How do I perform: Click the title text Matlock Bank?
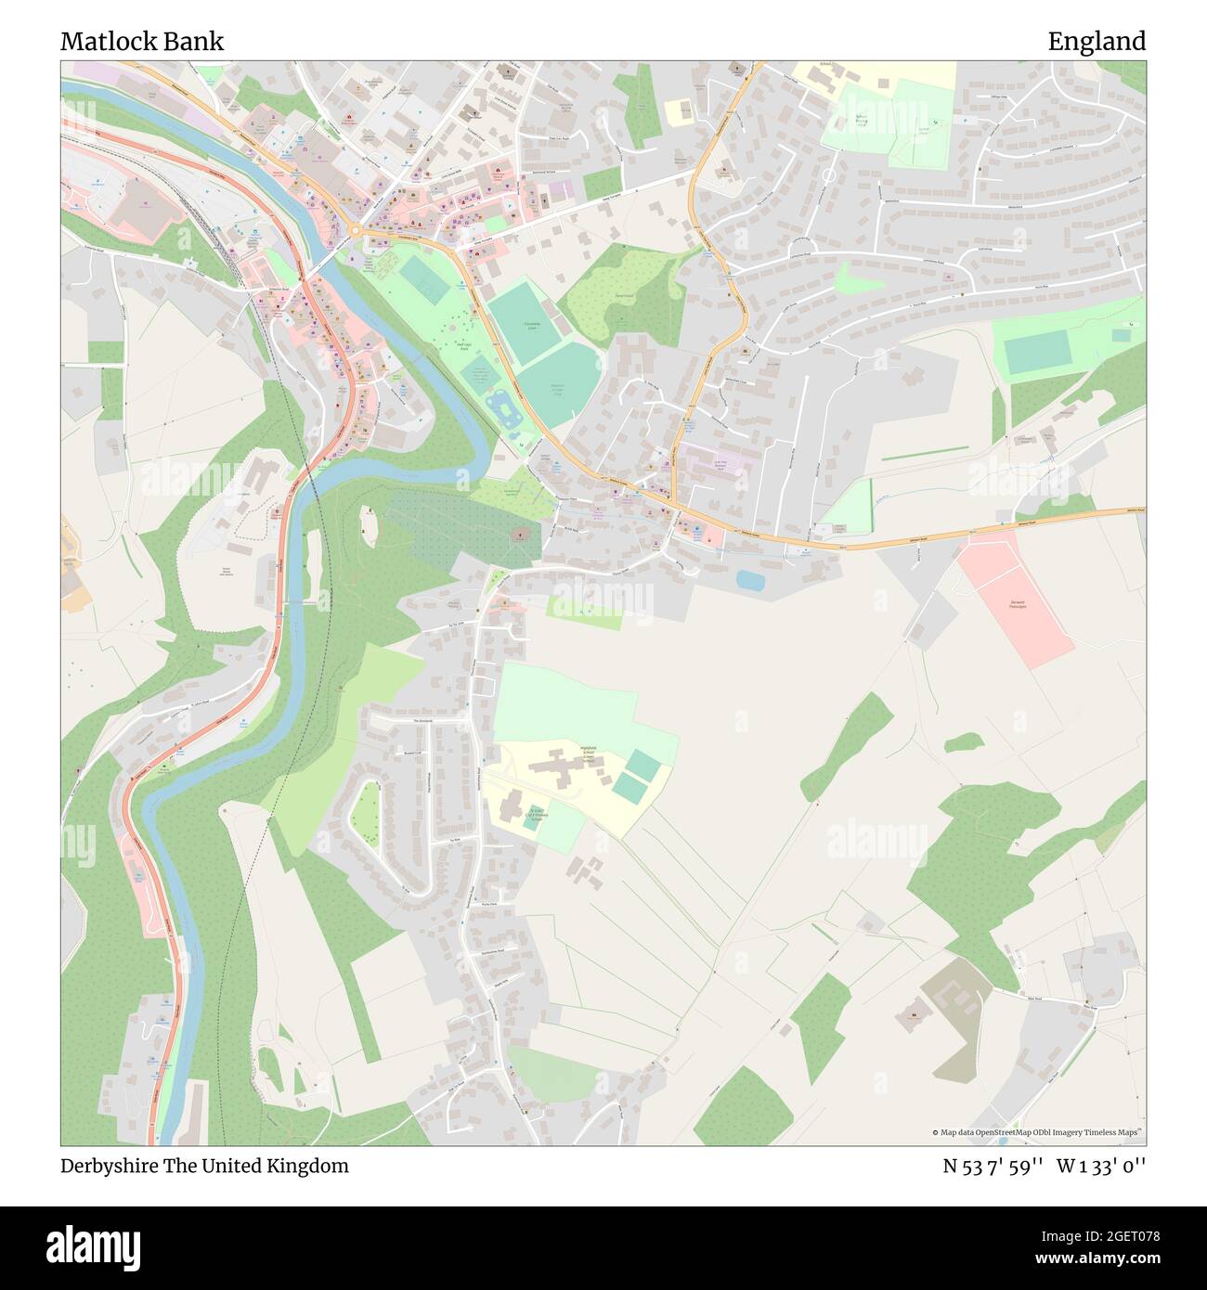coord(142,42)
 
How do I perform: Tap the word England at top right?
coord(1097,42)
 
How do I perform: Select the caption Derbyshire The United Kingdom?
coord(204,1166)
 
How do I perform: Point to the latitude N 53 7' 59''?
coord(993,1166)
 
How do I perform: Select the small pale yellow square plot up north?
coord(678,111)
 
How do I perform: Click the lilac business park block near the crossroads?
coord(715,462)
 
